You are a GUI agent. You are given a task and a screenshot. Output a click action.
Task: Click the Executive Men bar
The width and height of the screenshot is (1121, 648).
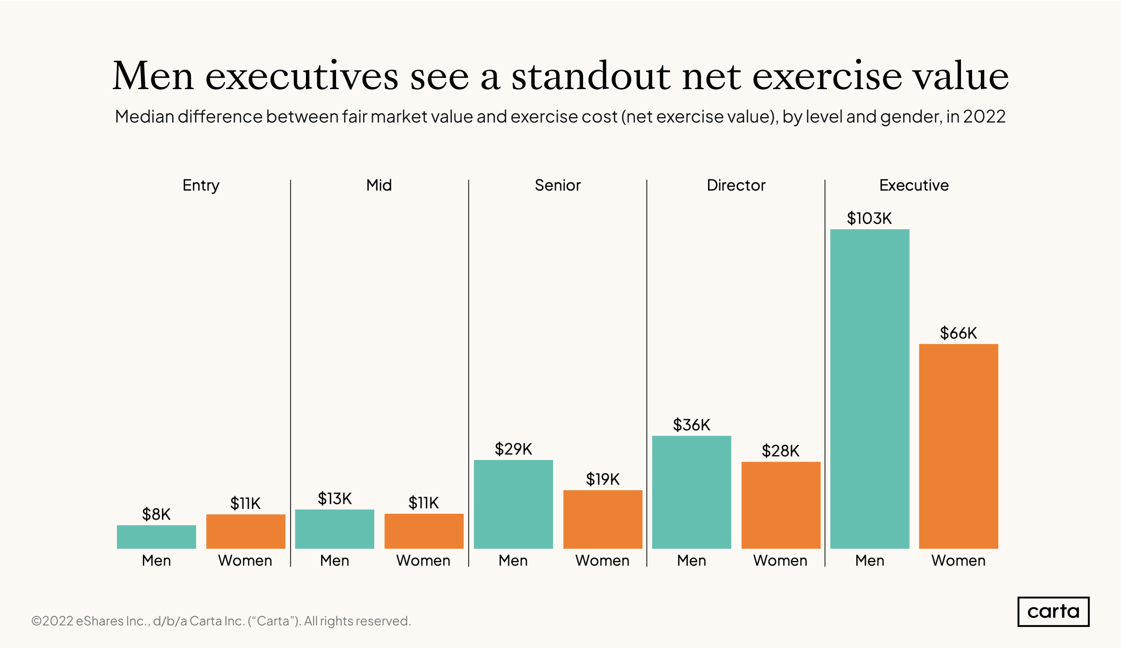[869, 389]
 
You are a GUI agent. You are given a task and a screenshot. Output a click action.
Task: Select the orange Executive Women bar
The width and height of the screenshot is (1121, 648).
[958, 446]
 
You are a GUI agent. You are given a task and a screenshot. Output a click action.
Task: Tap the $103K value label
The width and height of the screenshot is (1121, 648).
[869, 218]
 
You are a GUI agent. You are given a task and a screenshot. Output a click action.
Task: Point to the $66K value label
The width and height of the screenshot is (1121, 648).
[958, 333]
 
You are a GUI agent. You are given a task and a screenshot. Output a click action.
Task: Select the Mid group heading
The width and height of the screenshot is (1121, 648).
[379, 185]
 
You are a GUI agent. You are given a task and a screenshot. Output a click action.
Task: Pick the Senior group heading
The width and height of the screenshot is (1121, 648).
[557, 185]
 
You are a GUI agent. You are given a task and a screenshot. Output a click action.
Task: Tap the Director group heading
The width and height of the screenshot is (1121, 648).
[736, 185]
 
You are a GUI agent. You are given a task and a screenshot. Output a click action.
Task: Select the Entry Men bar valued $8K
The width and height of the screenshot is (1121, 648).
[156, 537]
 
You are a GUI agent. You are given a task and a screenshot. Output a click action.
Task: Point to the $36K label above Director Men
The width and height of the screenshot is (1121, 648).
[691, 425]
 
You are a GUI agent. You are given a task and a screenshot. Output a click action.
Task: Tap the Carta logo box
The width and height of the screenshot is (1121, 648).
[1053, 611]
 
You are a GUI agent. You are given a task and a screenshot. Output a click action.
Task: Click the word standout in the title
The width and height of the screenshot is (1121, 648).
[591, 77]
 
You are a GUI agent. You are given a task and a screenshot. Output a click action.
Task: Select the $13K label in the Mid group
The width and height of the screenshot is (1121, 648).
[334, 499]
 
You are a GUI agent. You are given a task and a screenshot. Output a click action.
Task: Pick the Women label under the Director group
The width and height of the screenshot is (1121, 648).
[780, 560]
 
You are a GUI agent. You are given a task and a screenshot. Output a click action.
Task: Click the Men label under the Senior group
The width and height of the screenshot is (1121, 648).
[513, 560]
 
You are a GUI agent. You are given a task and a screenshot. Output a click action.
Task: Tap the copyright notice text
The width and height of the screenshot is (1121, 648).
[221, 621]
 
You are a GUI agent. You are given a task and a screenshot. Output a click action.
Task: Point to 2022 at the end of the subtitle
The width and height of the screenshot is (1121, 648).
[984, 116]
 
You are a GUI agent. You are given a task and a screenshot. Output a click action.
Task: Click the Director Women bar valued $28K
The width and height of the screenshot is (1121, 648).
[780, 505]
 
